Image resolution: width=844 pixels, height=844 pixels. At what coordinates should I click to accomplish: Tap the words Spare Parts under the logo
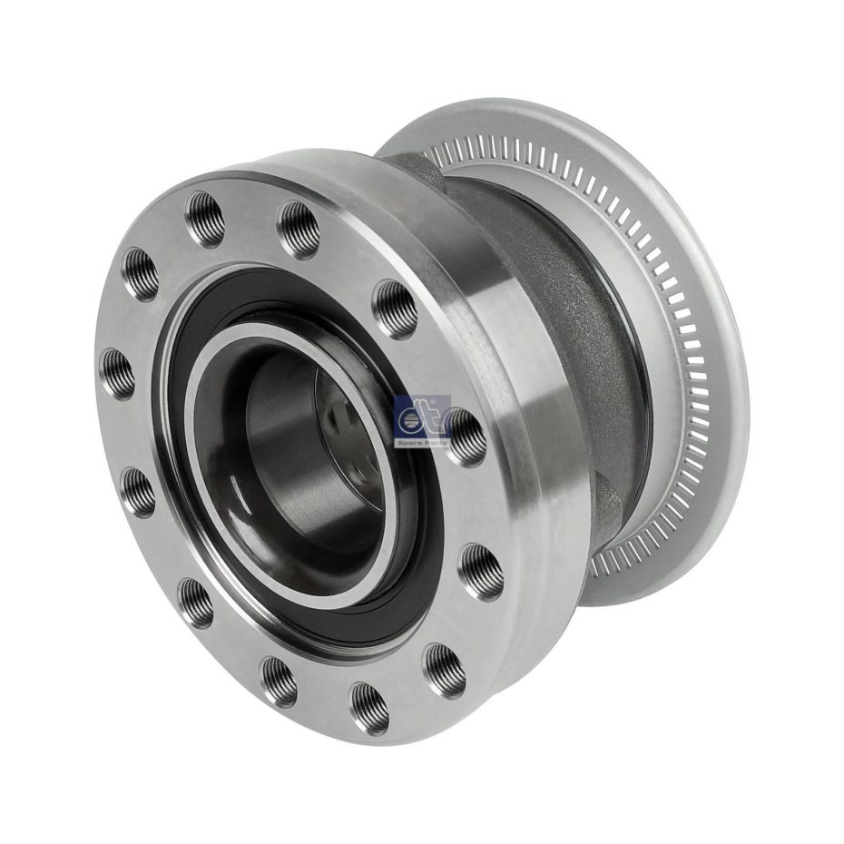click(423, 441)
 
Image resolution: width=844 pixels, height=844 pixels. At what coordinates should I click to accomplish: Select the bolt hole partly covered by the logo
click(465, 437)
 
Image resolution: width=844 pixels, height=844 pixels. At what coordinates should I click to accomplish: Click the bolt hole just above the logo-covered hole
click(396, 309)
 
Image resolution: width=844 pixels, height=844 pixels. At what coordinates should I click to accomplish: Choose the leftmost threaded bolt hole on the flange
click(117, 373)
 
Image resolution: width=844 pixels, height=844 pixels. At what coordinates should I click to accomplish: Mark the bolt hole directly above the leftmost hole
click(141, 273)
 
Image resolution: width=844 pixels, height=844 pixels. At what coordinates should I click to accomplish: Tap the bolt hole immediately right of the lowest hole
click(444, 671)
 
